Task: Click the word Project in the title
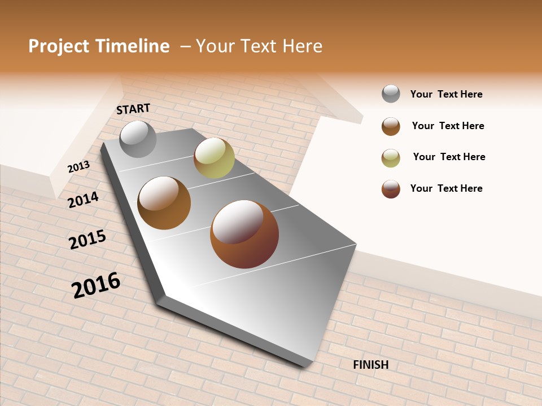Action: click(59, 46)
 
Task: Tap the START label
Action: click(133, 109)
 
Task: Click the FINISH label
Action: click(371, 365)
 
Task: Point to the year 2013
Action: click(78, 166)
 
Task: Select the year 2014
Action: click(84, 200)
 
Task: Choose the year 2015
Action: click(88, 240)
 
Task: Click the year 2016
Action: click(96, 285)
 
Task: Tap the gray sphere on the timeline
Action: click(138, 139)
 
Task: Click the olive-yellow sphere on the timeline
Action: click(214, 158)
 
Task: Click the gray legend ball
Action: click(391, 94)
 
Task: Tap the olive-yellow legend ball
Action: click(391, 158)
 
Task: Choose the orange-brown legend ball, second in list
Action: click(391, 126)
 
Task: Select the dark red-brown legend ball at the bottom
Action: click(391, 189)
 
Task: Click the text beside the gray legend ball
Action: click(446, 94)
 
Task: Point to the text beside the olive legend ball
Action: click(449, 157)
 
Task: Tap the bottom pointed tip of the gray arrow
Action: click(305, 365)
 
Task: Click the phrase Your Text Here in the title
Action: click(259, 46)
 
